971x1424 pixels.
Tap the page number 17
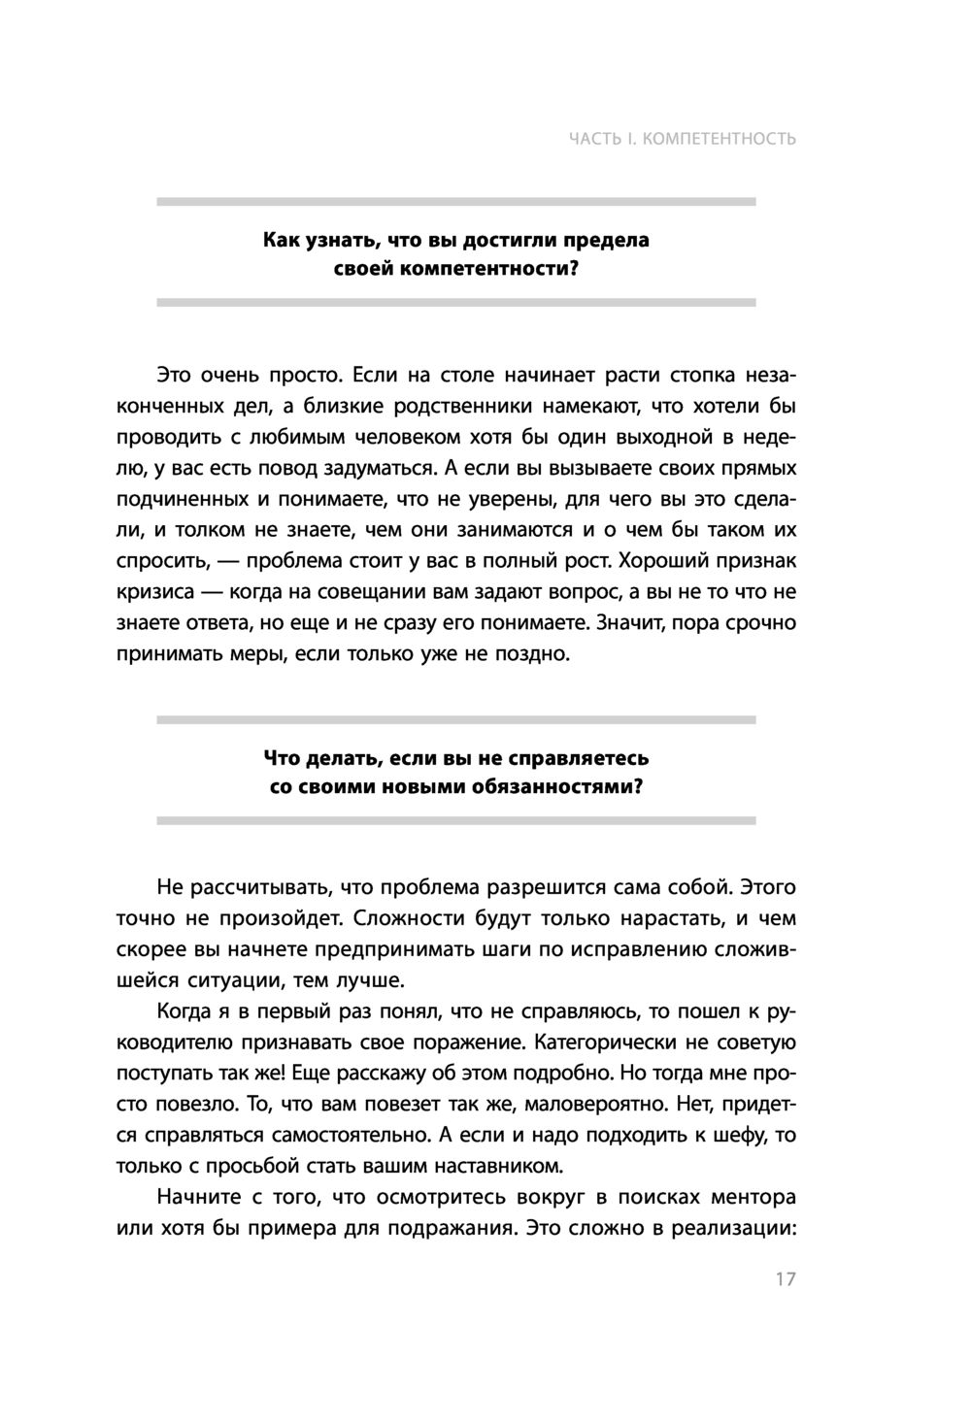pos(786,1278)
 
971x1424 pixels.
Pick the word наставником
pos(492,1166)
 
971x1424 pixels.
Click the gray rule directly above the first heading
pos(456,202)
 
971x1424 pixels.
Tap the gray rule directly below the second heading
pos(456,820)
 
